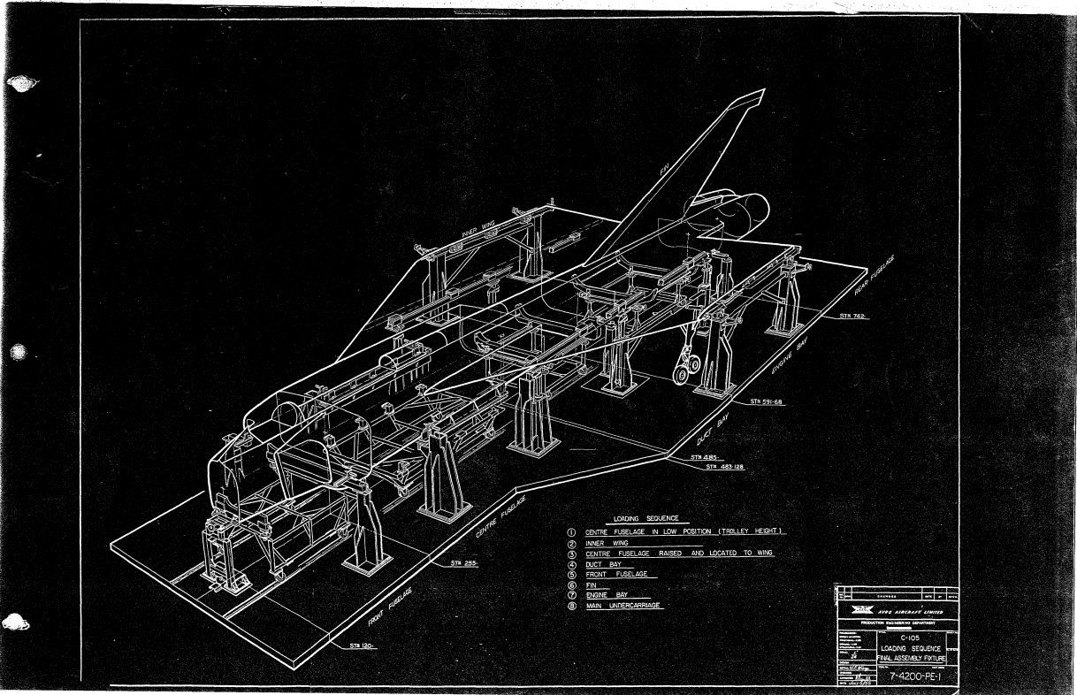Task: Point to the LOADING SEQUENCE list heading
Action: pyautogui.click(x=645, y=518)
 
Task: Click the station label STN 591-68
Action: pyautogui.click(x=768, y=401)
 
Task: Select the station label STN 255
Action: pyautogui.click(x=464, y=562)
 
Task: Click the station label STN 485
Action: pyautogui.click(x=704, y=457)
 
